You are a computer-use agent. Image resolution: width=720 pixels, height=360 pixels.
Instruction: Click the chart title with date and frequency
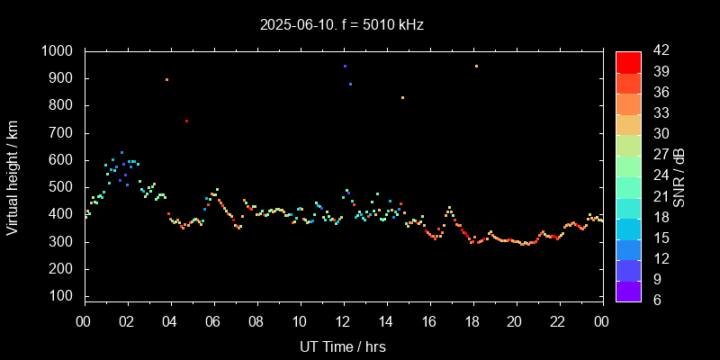pyautogui.click(x=342, y=25)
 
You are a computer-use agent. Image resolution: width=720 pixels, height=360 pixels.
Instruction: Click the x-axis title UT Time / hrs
pyautogui.click(x=343, y=346)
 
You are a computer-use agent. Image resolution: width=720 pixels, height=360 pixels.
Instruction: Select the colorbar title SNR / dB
pyautogui.click(x=681, y=175)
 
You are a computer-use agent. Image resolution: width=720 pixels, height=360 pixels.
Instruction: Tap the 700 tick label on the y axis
pyautogui.click(x=61, y=133)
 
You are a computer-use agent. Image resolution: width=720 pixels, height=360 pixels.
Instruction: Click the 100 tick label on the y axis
pyautogui.click(x=61, y=297)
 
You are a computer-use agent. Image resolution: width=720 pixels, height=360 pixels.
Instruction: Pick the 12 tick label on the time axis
pyautogui.click(x=343, y=321)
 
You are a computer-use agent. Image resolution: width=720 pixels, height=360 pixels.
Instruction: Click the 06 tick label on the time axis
pyautogui.click(x=213, y=321)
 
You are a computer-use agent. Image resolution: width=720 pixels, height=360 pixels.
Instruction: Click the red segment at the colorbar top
pyautogui.click(x=628, y=61)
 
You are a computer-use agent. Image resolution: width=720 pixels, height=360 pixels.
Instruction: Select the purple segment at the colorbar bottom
pyautogui.click(x=628, y=291)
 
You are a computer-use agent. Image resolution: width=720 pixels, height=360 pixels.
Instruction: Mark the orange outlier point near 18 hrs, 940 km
pyautogui.click(x=476, y=66)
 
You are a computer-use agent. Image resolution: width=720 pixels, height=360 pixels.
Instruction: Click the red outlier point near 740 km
pyautogui.click(x=186, y=121)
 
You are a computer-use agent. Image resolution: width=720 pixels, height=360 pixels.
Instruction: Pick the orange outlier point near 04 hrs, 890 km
pyautogui.click(x=166, y=79)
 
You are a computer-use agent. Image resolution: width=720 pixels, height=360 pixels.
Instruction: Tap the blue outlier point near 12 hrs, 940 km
pyautogui.click(x=345, y=66)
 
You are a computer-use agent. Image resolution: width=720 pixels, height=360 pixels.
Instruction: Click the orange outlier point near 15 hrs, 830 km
pyautogui.click(x=402, y=97)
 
